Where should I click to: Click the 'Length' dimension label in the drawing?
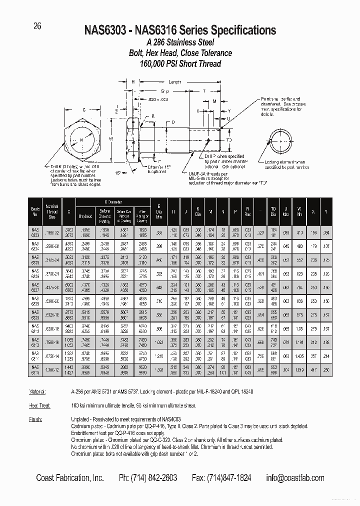coord(174,82)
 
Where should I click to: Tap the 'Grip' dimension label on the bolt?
coord(164,91)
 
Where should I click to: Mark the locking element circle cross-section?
coord(281,140)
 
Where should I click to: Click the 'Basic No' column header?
coord(35,210)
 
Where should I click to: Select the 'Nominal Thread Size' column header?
coord(52,210)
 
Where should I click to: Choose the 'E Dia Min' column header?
coord(158,210)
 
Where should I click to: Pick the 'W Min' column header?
coord(299,210)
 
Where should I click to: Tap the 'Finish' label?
coord(42,419)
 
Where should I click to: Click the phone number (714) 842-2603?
coord(147,478)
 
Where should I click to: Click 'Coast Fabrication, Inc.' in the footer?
coord(70,478)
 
